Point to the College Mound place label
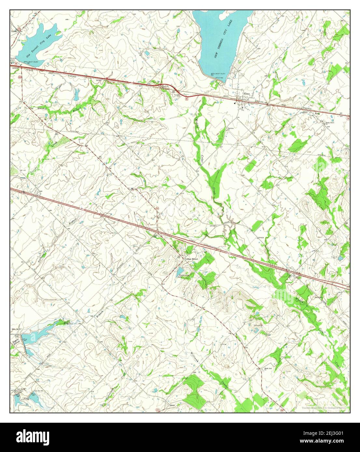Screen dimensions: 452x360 (191, 259)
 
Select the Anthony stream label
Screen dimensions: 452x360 (40, 259)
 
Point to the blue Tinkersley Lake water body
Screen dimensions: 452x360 (180, 272)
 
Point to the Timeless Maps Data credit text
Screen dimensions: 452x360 (321, 407)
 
